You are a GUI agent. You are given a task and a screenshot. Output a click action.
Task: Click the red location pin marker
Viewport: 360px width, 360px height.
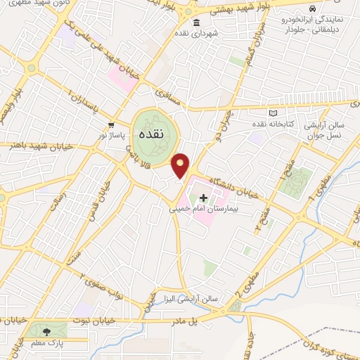click(x=181, y=165)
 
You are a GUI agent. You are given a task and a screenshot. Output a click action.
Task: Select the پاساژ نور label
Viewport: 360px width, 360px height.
click(x=110, y=134)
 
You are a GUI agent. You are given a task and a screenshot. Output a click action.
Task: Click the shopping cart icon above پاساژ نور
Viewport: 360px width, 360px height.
click(x=110, y=124)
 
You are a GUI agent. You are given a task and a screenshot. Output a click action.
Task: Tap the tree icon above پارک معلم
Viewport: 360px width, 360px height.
click(x=47, y=331)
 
